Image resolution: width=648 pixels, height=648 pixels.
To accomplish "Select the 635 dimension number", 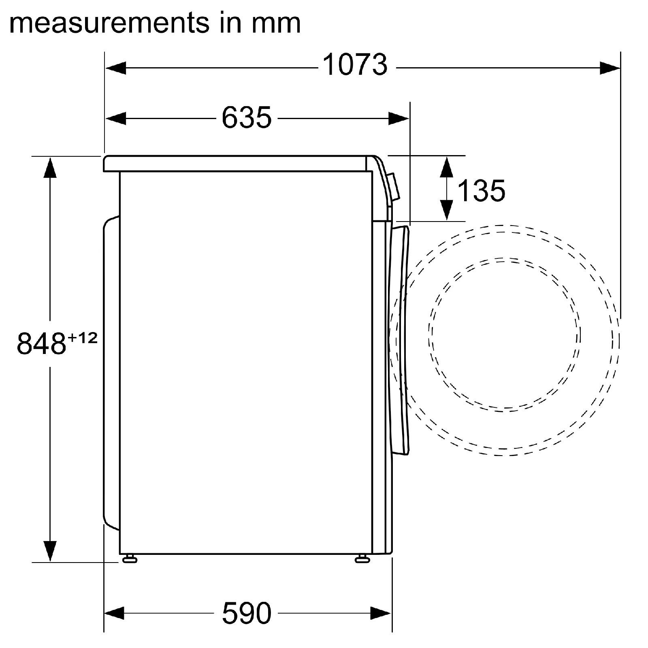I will point(246,118).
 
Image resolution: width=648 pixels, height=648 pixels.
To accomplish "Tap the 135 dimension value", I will point(481,191).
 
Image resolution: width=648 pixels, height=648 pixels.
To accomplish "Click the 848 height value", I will point(41,343).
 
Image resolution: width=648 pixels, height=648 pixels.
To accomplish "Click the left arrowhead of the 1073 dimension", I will point(116,68).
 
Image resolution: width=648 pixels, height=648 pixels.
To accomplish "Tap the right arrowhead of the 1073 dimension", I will point(609,68).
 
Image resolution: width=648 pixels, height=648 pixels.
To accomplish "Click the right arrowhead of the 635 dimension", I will point(399,119).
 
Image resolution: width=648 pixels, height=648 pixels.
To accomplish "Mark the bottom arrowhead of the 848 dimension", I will point(50,551).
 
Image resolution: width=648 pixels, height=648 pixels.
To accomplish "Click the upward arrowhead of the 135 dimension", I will point(446,166).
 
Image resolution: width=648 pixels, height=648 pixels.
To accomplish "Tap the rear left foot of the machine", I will point(130,559).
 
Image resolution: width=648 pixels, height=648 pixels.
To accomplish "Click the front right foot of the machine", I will point(362,559).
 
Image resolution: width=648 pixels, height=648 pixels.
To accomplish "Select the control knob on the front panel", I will point(393,187).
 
